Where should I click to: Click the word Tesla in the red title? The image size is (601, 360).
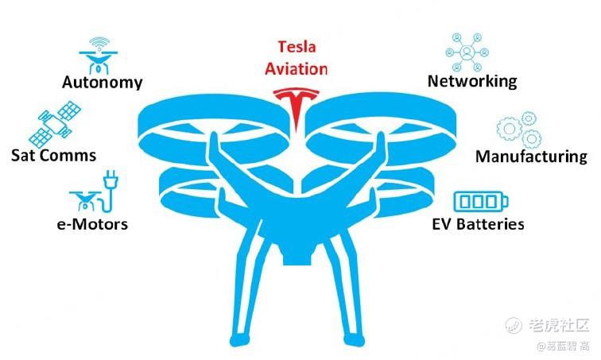[297, 47]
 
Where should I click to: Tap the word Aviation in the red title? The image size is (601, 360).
[297, 69]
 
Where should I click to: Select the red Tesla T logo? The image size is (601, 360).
[296, 108]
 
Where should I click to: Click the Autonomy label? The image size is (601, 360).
[102, 83]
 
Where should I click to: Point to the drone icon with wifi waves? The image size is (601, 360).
[99, 56]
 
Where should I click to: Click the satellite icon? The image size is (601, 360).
[55, 124]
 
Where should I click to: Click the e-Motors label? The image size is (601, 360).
[92, 224]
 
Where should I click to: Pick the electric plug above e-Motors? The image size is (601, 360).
[111, 180]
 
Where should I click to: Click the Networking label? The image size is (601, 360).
[472, 81]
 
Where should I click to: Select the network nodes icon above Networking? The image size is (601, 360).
[467, 52]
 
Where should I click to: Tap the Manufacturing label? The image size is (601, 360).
[531, 157]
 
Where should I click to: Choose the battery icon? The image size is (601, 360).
[481, 201]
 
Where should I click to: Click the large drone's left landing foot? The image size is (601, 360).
[239, 339]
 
